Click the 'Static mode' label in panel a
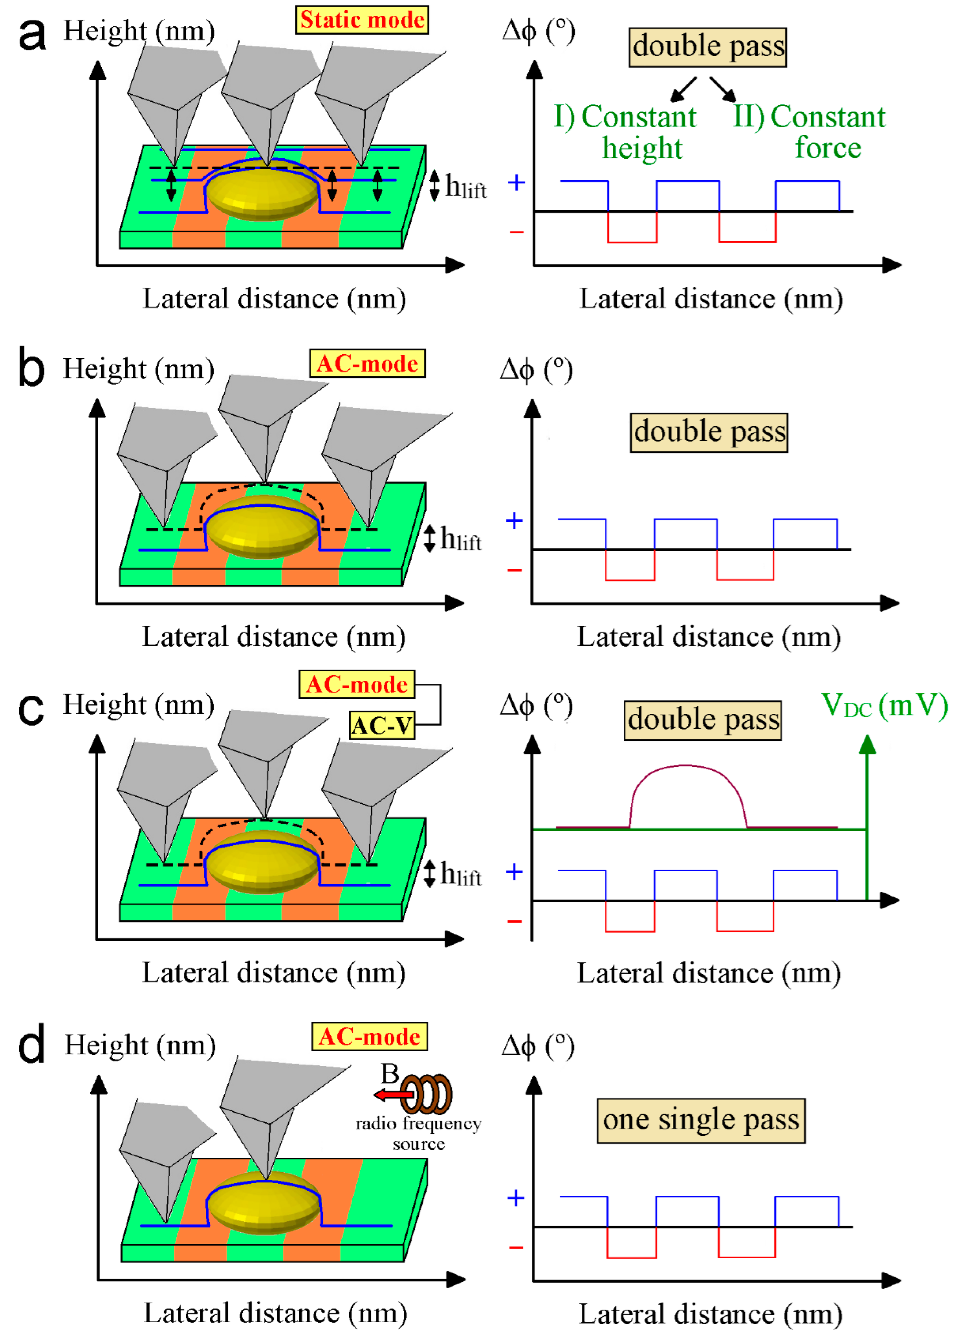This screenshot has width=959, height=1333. [362, 20]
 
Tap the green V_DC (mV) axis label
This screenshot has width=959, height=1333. [884, 705]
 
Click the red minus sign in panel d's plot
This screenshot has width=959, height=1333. [516, 1247]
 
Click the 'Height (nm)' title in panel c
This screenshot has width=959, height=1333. [139, 704]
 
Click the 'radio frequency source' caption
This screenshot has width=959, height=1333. [418, 1133]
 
